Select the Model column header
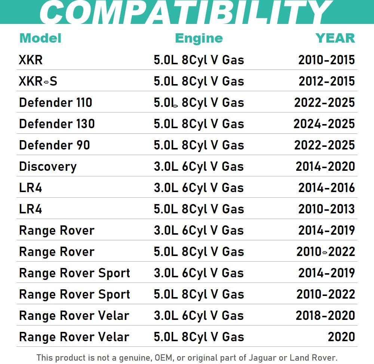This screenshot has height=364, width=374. pos(40,38)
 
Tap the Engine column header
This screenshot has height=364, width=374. pos(199,38)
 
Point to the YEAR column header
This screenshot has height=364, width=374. pos(335,38)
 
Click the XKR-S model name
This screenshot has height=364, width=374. pos(38,81)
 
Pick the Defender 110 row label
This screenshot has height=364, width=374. pos(55,102)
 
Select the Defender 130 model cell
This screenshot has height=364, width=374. pos(57,124)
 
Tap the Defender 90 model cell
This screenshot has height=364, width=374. pos(55,145)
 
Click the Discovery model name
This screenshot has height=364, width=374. pos(48,166)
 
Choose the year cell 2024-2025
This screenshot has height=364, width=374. pos(324,124)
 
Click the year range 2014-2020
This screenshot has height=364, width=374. pos(325,166)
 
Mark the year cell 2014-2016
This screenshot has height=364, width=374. pos(326,188)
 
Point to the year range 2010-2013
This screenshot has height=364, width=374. pos(326,209)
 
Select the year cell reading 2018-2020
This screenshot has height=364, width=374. pos(325,315)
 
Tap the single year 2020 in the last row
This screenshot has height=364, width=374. pos(341,337)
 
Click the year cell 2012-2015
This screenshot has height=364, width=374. pos(326,81)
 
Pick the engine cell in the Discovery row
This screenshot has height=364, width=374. pos(199,166)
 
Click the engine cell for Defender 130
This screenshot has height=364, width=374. pos(199,124)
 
